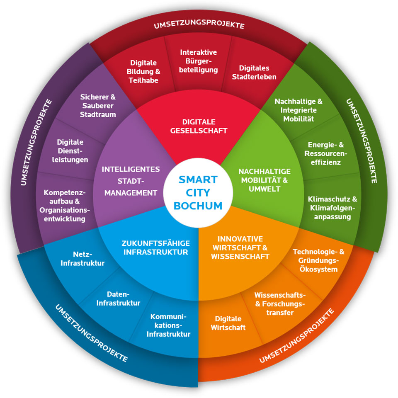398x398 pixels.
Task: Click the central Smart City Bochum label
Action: click(198, 192)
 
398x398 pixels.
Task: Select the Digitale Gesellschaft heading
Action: click(199, 126)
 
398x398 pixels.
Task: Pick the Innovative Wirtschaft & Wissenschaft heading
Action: click(240, 248)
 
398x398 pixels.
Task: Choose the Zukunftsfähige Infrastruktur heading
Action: click(155, 248)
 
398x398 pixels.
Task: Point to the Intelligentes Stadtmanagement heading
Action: click(131, 181)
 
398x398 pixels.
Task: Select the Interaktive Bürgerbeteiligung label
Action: click(199, 61)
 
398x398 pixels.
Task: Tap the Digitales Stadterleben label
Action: click(254, 72)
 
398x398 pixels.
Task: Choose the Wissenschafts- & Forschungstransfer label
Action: click(280, 303)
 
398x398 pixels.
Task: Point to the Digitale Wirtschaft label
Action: click(228, 323)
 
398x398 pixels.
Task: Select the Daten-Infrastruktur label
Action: click(118, 298)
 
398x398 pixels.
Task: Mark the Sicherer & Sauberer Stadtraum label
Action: click(98, 105)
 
